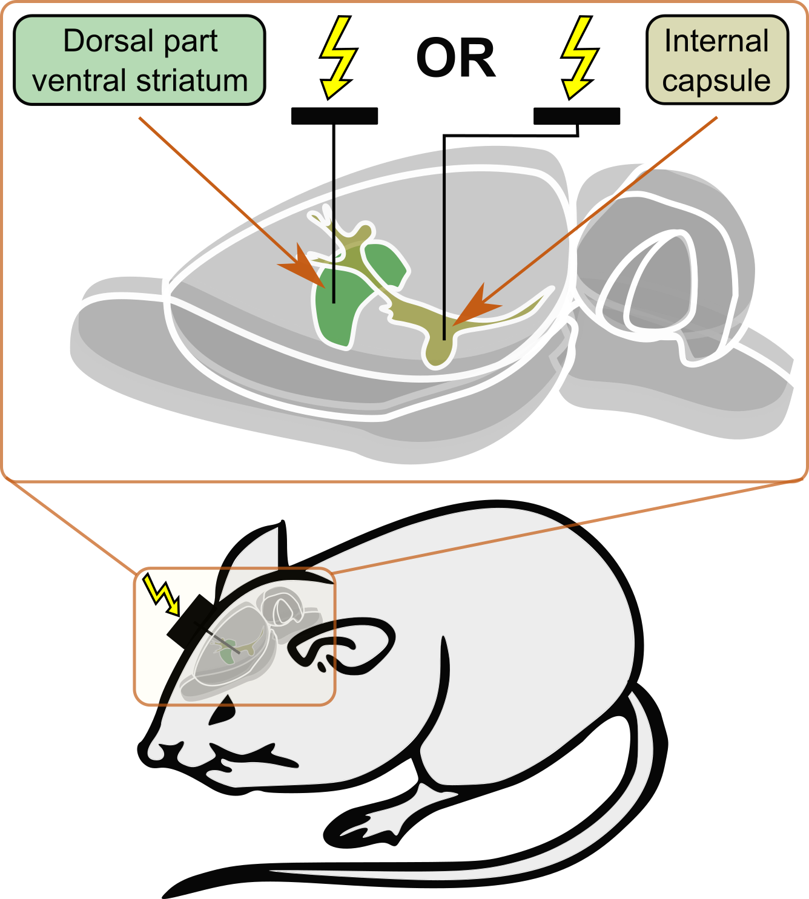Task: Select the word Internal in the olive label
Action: point(716,41)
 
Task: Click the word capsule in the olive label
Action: point(716,81)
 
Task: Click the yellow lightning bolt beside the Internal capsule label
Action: point(579,56)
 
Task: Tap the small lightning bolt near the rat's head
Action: point(161,594)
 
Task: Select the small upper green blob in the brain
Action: point(385,263)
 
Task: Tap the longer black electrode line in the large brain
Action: point(444,242)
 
